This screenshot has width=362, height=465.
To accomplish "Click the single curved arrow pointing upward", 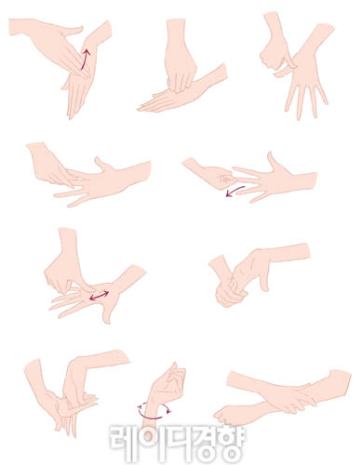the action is tap(85, 59).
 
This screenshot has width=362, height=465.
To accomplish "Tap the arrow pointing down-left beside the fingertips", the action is tap(235, 191).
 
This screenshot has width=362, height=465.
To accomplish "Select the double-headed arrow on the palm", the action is tap(99, 296).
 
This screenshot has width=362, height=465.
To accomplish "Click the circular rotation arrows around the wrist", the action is tap(154, 411).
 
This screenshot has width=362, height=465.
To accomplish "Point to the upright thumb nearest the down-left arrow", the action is tap(274, 162).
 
